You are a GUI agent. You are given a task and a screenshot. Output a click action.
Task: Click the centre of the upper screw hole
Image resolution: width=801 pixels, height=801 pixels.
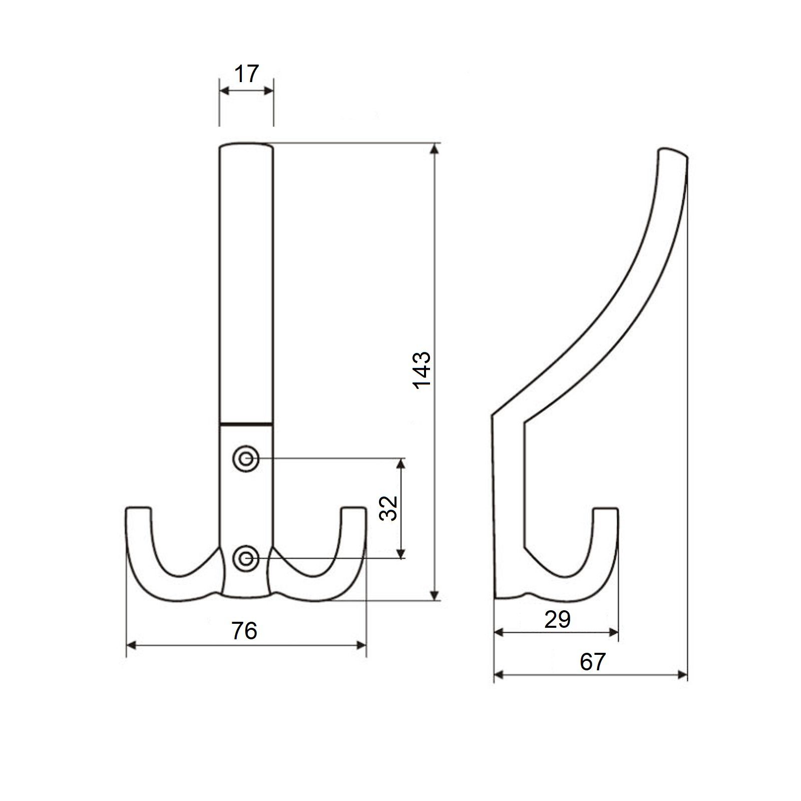245,458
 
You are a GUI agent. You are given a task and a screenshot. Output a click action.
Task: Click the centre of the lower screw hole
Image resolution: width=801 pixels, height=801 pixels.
245,558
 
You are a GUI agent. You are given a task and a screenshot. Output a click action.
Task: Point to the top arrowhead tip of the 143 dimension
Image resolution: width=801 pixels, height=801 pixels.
435,145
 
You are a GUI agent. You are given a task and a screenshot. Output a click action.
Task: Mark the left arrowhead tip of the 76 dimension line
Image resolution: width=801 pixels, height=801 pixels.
127,645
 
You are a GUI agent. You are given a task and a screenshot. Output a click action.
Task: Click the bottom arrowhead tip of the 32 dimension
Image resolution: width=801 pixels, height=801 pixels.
399,558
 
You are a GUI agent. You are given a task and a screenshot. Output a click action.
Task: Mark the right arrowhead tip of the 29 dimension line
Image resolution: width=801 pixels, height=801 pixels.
619,633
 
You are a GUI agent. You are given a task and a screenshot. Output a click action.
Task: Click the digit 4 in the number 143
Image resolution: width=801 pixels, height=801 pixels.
422,369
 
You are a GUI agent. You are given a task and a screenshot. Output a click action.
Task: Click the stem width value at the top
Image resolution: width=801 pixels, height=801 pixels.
246,74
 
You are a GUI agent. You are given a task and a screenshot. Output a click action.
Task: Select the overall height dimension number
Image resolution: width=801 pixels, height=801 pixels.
422,369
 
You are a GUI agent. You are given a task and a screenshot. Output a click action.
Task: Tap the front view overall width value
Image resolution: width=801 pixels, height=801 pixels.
244,630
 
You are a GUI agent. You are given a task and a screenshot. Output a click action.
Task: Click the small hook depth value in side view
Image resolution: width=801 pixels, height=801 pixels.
557,619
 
